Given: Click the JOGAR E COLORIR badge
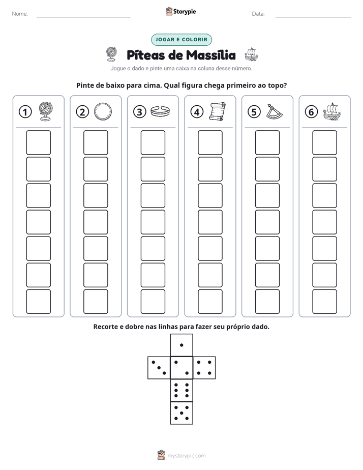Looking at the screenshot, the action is (181, 40).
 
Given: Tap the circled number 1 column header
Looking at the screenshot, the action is (25, 112).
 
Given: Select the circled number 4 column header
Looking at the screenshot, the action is (197, 112).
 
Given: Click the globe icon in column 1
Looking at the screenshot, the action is (46, 111).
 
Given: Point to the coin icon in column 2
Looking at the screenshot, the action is (103, 111).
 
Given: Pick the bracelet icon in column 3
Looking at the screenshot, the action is (160, 111).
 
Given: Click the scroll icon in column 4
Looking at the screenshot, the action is (218, 111).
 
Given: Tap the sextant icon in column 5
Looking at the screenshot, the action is (275, 111).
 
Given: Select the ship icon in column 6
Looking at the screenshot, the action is (332, 111).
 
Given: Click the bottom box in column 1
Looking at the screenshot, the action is (38, 302).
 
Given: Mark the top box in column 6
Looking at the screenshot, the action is (325, 142).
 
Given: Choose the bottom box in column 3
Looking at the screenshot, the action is (153, 302).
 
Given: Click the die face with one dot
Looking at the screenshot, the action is (181, 345).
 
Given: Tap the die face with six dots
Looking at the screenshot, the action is (181, 390).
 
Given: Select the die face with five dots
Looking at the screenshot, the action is (181, 413).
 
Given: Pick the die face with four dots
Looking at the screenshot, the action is (204, 368).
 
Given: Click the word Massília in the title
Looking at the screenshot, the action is (210, 55).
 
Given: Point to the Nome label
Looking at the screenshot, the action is (20, 14).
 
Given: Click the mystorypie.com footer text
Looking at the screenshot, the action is (186, 456).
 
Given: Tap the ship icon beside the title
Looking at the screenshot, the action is (252, 54).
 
